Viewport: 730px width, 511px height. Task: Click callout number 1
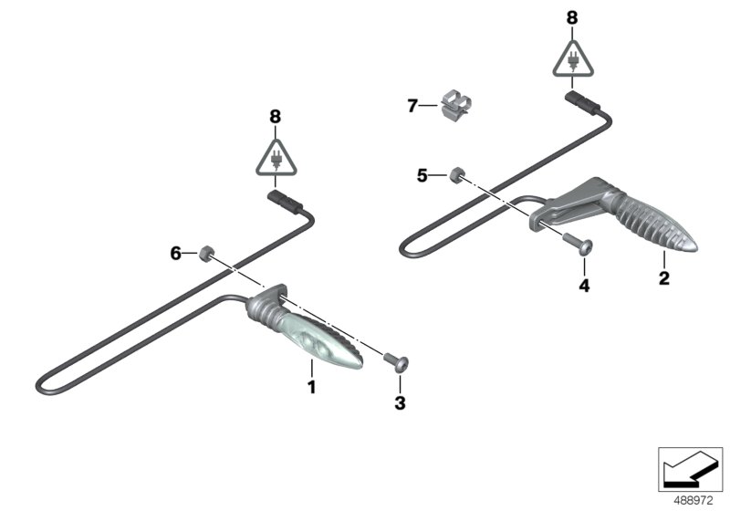(311, 388)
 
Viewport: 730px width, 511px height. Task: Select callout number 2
(664, 277)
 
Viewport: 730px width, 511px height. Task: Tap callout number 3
(398, 401)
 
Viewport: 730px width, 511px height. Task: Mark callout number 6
(176, 253)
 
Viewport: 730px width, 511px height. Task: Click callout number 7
(412, 107)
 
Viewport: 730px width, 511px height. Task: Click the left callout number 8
(276, 116)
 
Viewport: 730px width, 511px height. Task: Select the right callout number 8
(572, 17)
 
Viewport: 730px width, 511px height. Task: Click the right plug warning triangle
(572, 59)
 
